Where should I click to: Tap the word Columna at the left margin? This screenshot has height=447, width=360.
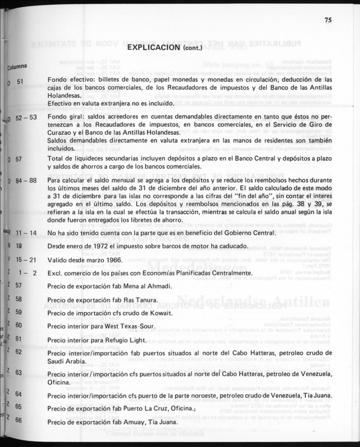[x=17, y=67]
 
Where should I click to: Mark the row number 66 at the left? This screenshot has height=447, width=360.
[x=18, y=420]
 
